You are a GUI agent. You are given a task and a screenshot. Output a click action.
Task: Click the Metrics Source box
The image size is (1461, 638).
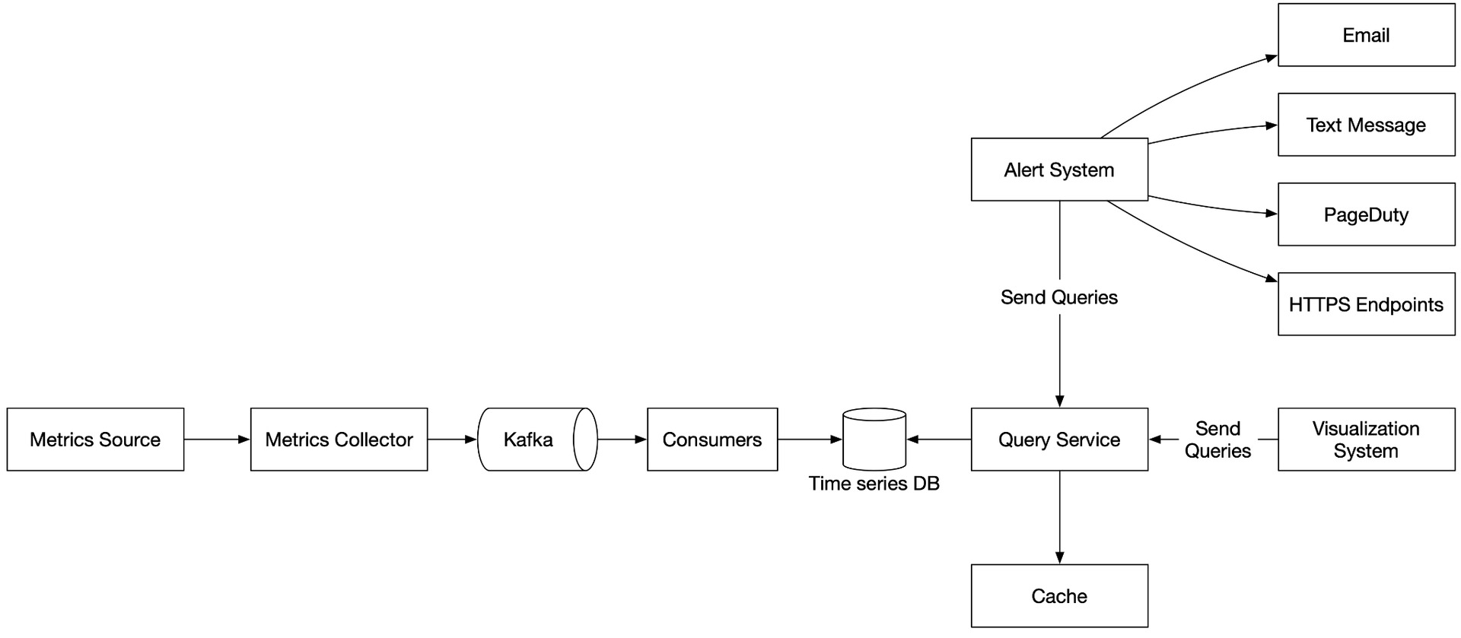tap(95, 440)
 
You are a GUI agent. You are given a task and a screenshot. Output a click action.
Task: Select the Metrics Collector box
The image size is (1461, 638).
tap(339, 440)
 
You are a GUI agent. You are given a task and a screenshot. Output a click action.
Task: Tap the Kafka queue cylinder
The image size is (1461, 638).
tap(537, 440)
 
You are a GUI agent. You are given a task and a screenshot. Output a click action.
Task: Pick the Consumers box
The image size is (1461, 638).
tap(712, 440)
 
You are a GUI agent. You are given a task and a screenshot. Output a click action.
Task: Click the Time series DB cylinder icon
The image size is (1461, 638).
tap(874, 440)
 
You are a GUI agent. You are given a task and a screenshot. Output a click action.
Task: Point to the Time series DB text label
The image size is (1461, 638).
tap(874, 484)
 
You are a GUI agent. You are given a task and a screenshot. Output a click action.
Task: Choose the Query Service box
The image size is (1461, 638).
tap(1059, 440)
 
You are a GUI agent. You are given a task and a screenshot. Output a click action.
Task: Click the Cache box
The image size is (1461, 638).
tap(1059, 596)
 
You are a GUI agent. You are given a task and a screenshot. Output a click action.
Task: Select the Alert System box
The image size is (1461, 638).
tap(1059, 170)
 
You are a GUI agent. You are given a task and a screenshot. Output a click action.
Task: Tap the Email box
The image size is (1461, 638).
tap(1367, 35)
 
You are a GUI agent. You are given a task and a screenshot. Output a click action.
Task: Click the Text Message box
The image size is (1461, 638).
tap(1367, 125)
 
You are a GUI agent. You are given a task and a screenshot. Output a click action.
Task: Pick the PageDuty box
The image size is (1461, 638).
tap(1367, 214)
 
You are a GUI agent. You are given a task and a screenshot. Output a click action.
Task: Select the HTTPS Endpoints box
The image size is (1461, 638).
tap(1367, 304)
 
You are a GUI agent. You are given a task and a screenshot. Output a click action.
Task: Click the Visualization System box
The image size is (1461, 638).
tap(1367, 440)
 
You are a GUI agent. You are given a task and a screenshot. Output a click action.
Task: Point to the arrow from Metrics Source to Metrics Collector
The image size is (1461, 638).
tap(217, 440)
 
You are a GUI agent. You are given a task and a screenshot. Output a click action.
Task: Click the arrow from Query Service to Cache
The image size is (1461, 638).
tap(1059, 517)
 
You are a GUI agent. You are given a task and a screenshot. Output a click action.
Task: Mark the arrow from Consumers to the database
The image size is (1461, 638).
tap(810, 440)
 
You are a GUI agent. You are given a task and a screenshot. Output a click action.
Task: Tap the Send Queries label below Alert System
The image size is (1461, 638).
tap(1059, 297)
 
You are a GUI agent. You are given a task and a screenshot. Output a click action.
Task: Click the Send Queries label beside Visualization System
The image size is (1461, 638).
tap(1217, 440)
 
